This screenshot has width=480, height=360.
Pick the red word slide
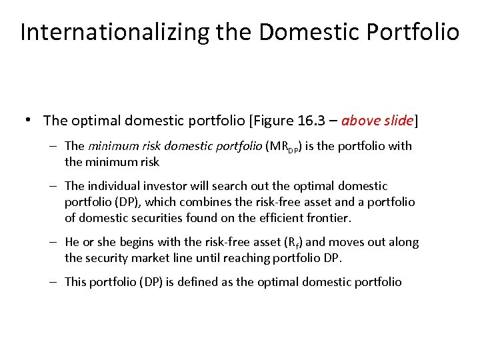tap(398, 121)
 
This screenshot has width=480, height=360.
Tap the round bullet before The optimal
tap(29, 121)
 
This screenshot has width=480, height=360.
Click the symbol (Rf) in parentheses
tap(289, 243)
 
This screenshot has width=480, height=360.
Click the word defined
tap(194, 282)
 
